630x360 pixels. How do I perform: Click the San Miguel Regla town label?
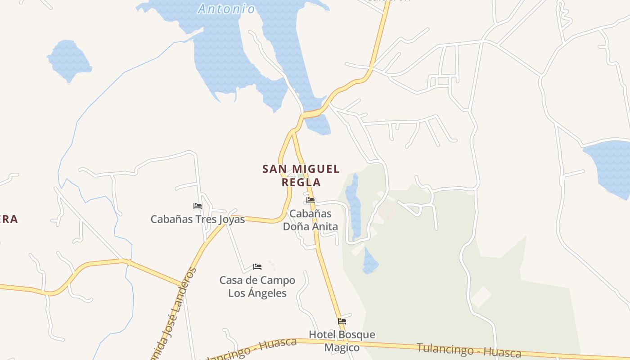(x=301, y=175)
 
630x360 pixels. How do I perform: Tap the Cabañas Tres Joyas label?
(x=198, y=219)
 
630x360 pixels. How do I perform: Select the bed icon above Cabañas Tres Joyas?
(x=198, y=206)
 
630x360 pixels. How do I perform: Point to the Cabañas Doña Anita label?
(x=310, y=220)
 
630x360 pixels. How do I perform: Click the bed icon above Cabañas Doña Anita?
(x=310, y=200)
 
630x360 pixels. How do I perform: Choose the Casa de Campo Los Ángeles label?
(x=257, y=287)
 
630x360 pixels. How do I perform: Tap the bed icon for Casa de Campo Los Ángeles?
(x=257, y=267)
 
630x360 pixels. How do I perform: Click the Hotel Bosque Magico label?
(x=342, y=341)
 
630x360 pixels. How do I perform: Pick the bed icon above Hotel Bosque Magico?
(x=342, y=321)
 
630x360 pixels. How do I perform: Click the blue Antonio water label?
(x=226, y=9)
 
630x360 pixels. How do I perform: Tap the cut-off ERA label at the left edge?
(x=9, y=219)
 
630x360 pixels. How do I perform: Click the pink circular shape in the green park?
(x=387, y=211)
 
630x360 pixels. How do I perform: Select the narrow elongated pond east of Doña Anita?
(x=354, y=205)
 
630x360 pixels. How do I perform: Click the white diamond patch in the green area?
(x=481, y=297)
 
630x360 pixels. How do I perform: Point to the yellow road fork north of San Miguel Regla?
(x=293, y=131)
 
